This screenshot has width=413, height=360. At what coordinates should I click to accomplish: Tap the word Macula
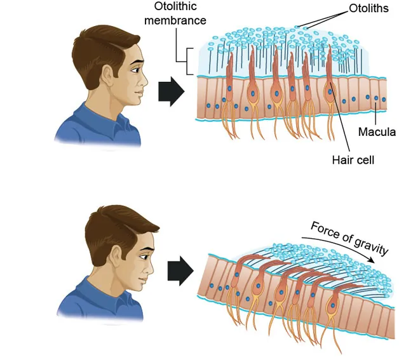tap(377, 132)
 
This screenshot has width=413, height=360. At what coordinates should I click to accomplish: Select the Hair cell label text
tap(353, 159)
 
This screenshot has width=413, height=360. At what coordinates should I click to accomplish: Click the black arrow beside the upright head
tap(170, 93)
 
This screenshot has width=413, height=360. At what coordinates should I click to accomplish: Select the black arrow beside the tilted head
tap(179, 272)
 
